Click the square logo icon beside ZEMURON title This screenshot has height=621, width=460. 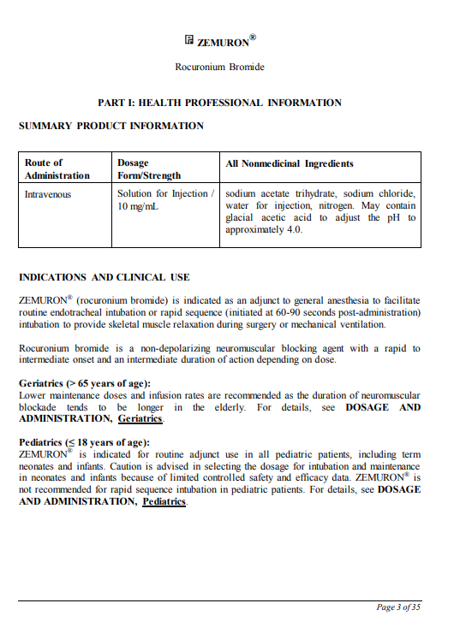[x=189, y=40]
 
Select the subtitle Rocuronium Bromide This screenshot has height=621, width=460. [x=220, y=67]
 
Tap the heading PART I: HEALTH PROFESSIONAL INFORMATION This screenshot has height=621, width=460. [x=220, y=103]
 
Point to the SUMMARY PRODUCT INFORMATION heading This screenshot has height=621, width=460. [x=111, y=126]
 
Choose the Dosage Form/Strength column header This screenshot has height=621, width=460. [x=149, y=169]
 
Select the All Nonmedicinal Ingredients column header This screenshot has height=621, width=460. [x=290, y=163]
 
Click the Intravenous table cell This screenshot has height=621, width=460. [x=48, y=193]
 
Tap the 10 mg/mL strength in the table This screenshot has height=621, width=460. [x=138, y=206]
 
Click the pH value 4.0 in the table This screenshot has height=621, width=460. [x=293, y=229]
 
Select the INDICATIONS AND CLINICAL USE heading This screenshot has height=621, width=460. [x=105, y=277]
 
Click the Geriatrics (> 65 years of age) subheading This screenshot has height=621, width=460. [x=85, y=383]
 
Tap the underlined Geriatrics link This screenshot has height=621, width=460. [x=140, y=419]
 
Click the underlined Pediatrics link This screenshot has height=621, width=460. [x=164, y=502]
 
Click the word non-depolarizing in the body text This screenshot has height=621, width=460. [x=194, y=348]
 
